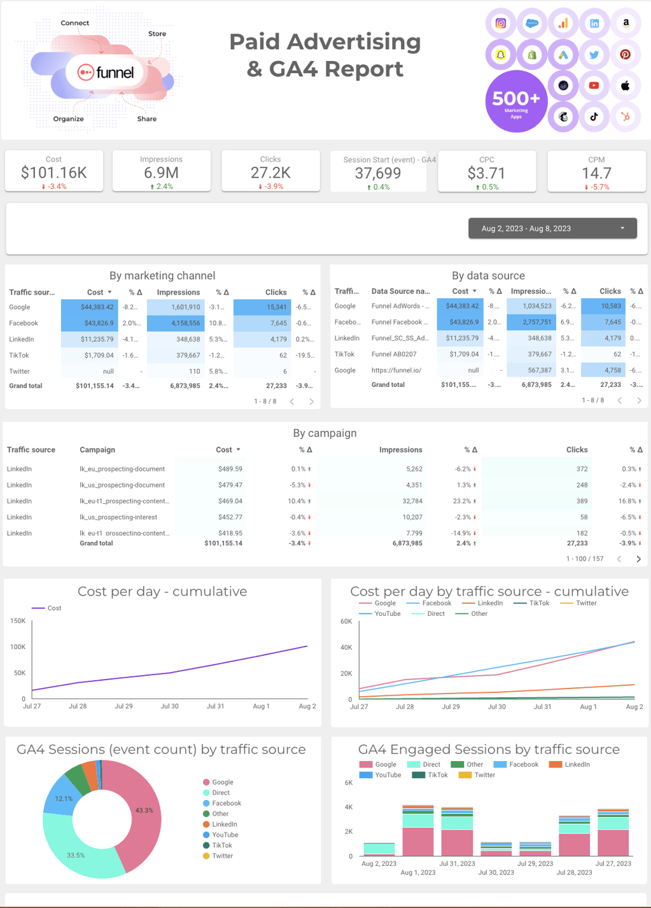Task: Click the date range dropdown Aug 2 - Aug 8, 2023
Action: (552, 228)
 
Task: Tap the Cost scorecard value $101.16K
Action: (53, 172)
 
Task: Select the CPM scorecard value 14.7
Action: (596, 173)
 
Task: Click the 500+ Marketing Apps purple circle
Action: (515, 101)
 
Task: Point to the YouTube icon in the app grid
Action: (594, 86)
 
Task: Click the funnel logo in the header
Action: (106, 73)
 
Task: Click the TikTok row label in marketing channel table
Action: (19, 355)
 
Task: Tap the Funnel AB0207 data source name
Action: (394, 354)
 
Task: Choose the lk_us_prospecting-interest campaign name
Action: (118, 517)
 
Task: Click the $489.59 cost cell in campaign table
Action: (230, 469)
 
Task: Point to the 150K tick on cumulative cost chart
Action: (18, 620)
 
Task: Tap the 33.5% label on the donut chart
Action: (76, 855)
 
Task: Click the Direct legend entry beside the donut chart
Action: (221, 793)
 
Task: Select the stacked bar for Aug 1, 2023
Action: (418, 831)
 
